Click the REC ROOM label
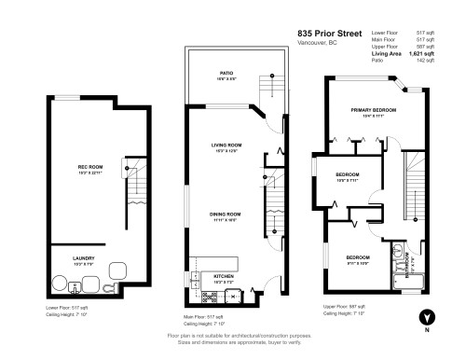(x=89, y=167)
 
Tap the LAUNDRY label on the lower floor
(x=85, y=257)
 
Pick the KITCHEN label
(x=225, y=276)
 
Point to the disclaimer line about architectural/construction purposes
(x=238, y=335)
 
